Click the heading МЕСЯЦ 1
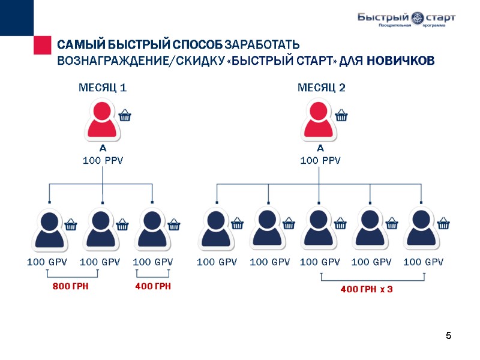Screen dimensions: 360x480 tap(103, 88)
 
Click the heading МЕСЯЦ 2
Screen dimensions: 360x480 tap(322, 88)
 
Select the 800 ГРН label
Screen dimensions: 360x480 tap(71, 287)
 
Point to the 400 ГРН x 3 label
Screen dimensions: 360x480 tap(367, 290)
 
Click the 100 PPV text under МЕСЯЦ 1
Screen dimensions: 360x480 tap(103, 161)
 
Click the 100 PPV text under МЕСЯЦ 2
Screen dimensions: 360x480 tap(320, 161)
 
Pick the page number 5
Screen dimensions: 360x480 tap(448, 335)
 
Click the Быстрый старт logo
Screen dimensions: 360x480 tap(406, 19)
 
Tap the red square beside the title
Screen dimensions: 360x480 tap(42, 45)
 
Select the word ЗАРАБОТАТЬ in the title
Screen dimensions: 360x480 tap(259, 46)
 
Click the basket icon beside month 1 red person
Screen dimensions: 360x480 tap(125, 115)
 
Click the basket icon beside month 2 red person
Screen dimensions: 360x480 tap(341, 115)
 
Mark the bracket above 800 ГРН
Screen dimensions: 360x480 tap(72, 275)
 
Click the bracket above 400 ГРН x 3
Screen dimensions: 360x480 tap(373, 278)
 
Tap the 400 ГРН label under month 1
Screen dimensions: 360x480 tap(153, 287)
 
